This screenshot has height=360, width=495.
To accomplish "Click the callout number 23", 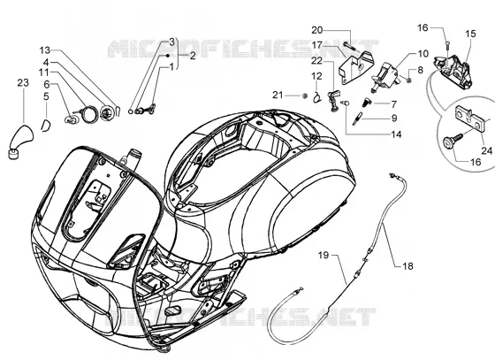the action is pyautogui.click(x=23, y=83).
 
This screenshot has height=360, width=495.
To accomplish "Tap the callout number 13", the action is pyautogui.click(x=45, y=50).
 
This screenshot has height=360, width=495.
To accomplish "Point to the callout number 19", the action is pyautogui.click(x=324, y=255).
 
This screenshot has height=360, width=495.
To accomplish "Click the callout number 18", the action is pyautogui.click(x=407, y=266).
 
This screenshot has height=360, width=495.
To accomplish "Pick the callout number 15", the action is pyautogui.click(x=470, y=34).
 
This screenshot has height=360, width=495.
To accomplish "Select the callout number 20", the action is pyautogui.click(x=317, y=30).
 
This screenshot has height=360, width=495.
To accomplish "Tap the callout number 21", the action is pyautogui.click(x=278, y=95).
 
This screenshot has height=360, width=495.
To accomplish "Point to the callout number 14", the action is pyautogui.click(x=396, y=134).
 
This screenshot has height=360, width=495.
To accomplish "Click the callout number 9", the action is pyautogui.click(x=394, y=119).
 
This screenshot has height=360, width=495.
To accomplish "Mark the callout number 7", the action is pyautogui.click(x=393, y=103).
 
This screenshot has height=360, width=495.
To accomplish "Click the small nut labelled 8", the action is pyautogui.click(x=408, y=80).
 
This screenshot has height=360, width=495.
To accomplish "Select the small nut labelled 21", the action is pyautogui.click(x=305, y=96).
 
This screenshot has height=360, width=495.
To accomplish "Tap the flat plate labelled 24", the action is pyautogui.click(x=471, y=119).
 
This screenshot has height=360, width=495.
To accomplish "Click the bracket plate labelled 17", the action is pyautogui.click(x=355, y=68).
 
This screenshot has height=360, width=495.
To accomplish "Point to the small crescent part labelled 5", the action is pyautogui.click(x=45, y=126).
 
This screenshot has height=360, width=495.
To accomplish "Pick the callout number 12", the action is pyautogui.click(x=316, y=76).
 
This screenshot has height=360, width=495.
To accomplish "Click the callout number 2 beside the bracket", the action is pyautogui.click(x=193, y=56).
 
